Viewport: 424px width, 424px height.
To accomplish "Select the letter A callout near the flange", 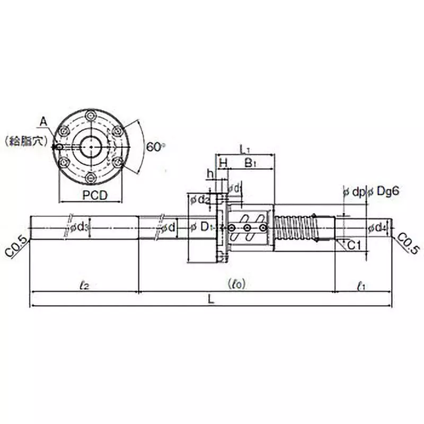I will pyautogui.click(x=44, y=123).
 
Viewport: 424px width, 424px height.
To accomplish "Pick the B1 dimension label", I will pyautogui.click(x=250, y=164).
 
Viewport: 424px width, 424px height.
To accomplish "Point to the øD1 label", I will pyautogui.click(x=202, y=228).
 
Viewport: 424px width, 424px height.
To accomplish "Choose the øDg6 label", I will pyautogui.click(x=383, y=192).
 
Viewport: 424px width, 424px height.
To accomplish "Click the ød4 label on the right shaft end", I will pyautogui.click(x=377, y=228).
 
